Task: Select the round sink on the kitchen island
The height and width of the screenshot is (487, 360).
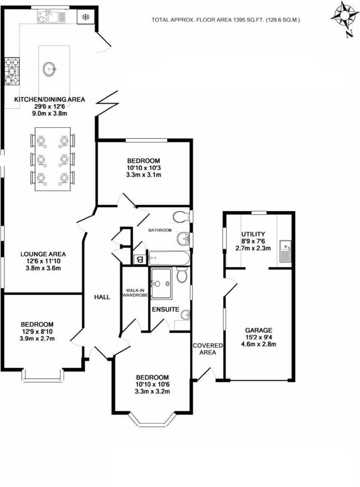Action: tap(50, 69)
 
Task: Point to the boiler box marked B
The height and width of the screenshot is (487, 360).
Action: tap(139, 259)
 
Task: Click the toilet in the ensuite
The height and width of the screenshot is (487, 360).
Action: tap(182, 275)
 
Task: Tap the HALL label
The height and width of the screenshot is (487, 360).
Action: tap(102, 298)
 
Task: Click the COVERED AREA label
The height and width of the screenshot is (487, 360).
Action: tap(208, 349)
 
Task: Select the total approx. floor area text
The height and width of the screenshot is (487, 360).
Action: tap(226, 20)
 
